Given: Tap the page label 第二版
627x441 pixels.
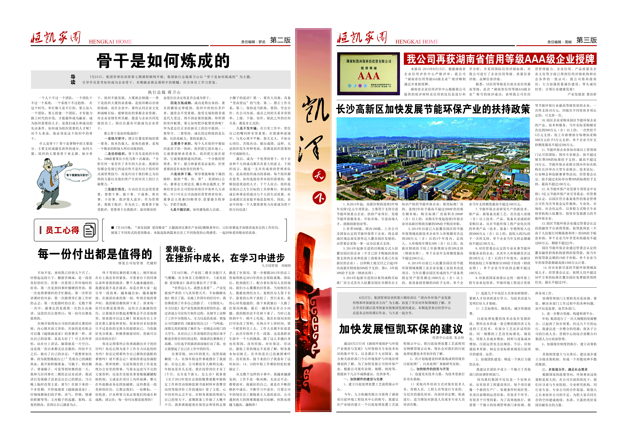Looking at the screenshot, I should (x=280, y=40).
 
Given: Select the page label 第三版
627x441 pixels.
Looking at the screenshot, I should (x=586, y=40).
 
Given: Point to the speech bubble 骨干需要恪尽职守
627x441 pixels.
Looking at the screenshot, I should (x=78, y=175).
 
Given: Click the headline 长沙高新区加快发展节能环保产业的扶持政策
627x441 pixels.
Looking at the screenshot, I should (x=433, y=109).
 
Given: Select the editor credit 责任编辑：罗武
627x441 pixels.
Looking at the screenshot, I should (x=253, y=42).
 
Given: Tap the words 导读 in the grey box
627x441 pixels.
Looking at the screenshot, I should (x=73, y=79).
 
